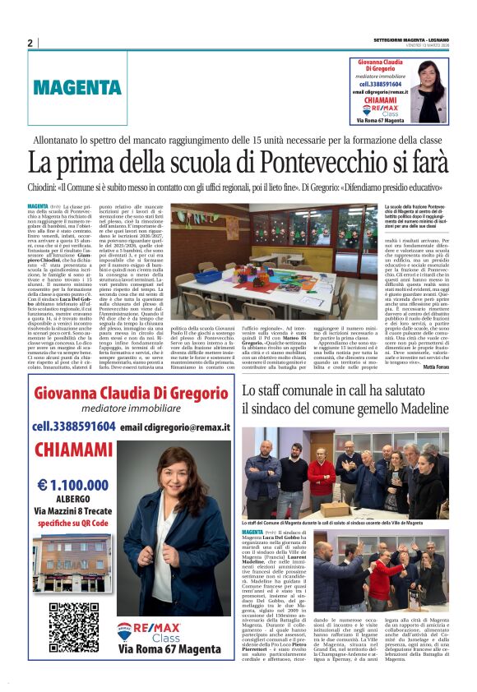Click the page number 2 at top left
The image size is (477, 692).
point(30,42)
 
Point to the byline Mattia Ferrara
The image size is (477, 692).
point(433,344)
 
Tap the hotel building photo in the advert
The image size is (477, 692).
point(74,562)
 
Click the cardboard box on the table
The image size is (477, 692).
point(335,509)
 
